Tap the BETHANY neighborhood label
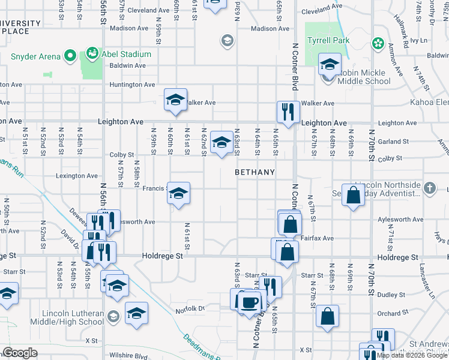click(x=255, y=172)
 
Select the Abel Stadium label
click(x=125, y=53)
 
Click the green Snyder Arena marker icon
click(x=70, y=56)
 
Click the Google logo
click(x=20, y=353)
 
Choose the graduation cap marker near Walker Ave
click(x=176, y=100)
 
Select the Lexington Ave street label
click(x=77, y=176)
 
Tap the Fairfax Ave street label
click(x=319, y=238)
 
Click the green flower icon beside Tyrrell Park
click(x=378, y=43)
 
